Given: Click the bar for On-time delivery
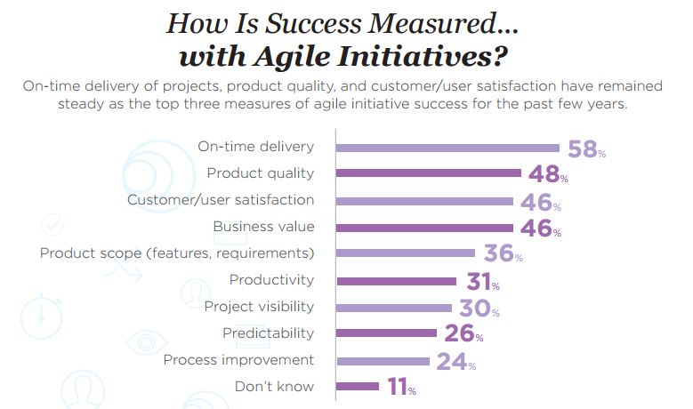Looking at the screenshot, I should click(447, 148).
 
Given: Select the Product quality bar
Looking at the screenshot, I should click(427, 173).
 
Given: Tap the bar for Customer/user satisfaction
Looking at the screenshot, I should click(423, 201).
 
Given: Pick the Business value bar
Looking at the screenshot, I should click(423, 228).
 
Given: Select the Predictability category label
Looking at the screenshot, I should click(268, 333).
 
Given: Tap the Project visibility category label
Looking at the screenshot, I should click(259, 307).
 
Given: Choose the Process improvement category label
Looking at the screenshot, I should click(239, 360).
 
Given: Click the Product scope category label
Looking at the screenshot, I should click(177, 253).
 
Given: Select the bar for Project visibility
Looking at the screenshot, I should click(394, 308).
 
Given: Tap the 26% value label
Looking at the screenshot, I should click(463, 334).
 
